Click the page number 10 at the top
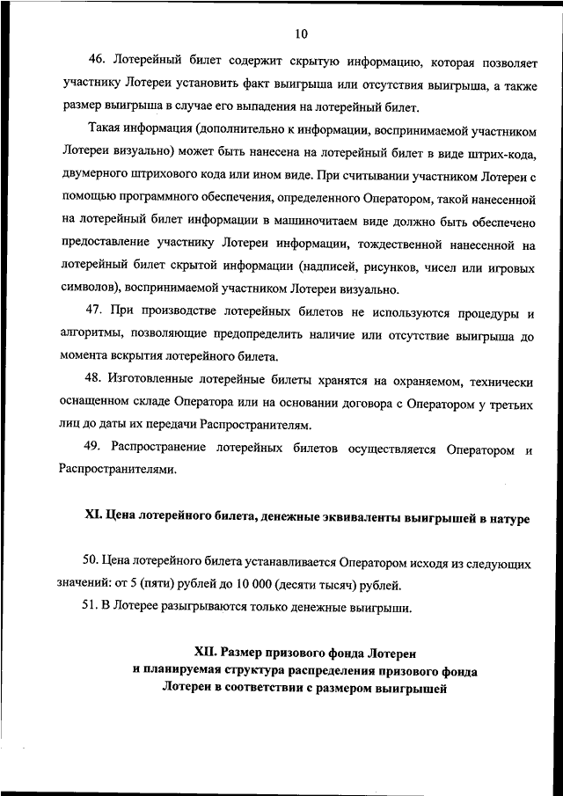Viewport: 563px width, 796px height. (301, 34)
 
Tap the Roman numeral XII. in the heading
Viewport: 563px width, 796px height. (206, 653)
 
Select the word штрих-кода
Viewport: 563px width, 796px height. (504, 154)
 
